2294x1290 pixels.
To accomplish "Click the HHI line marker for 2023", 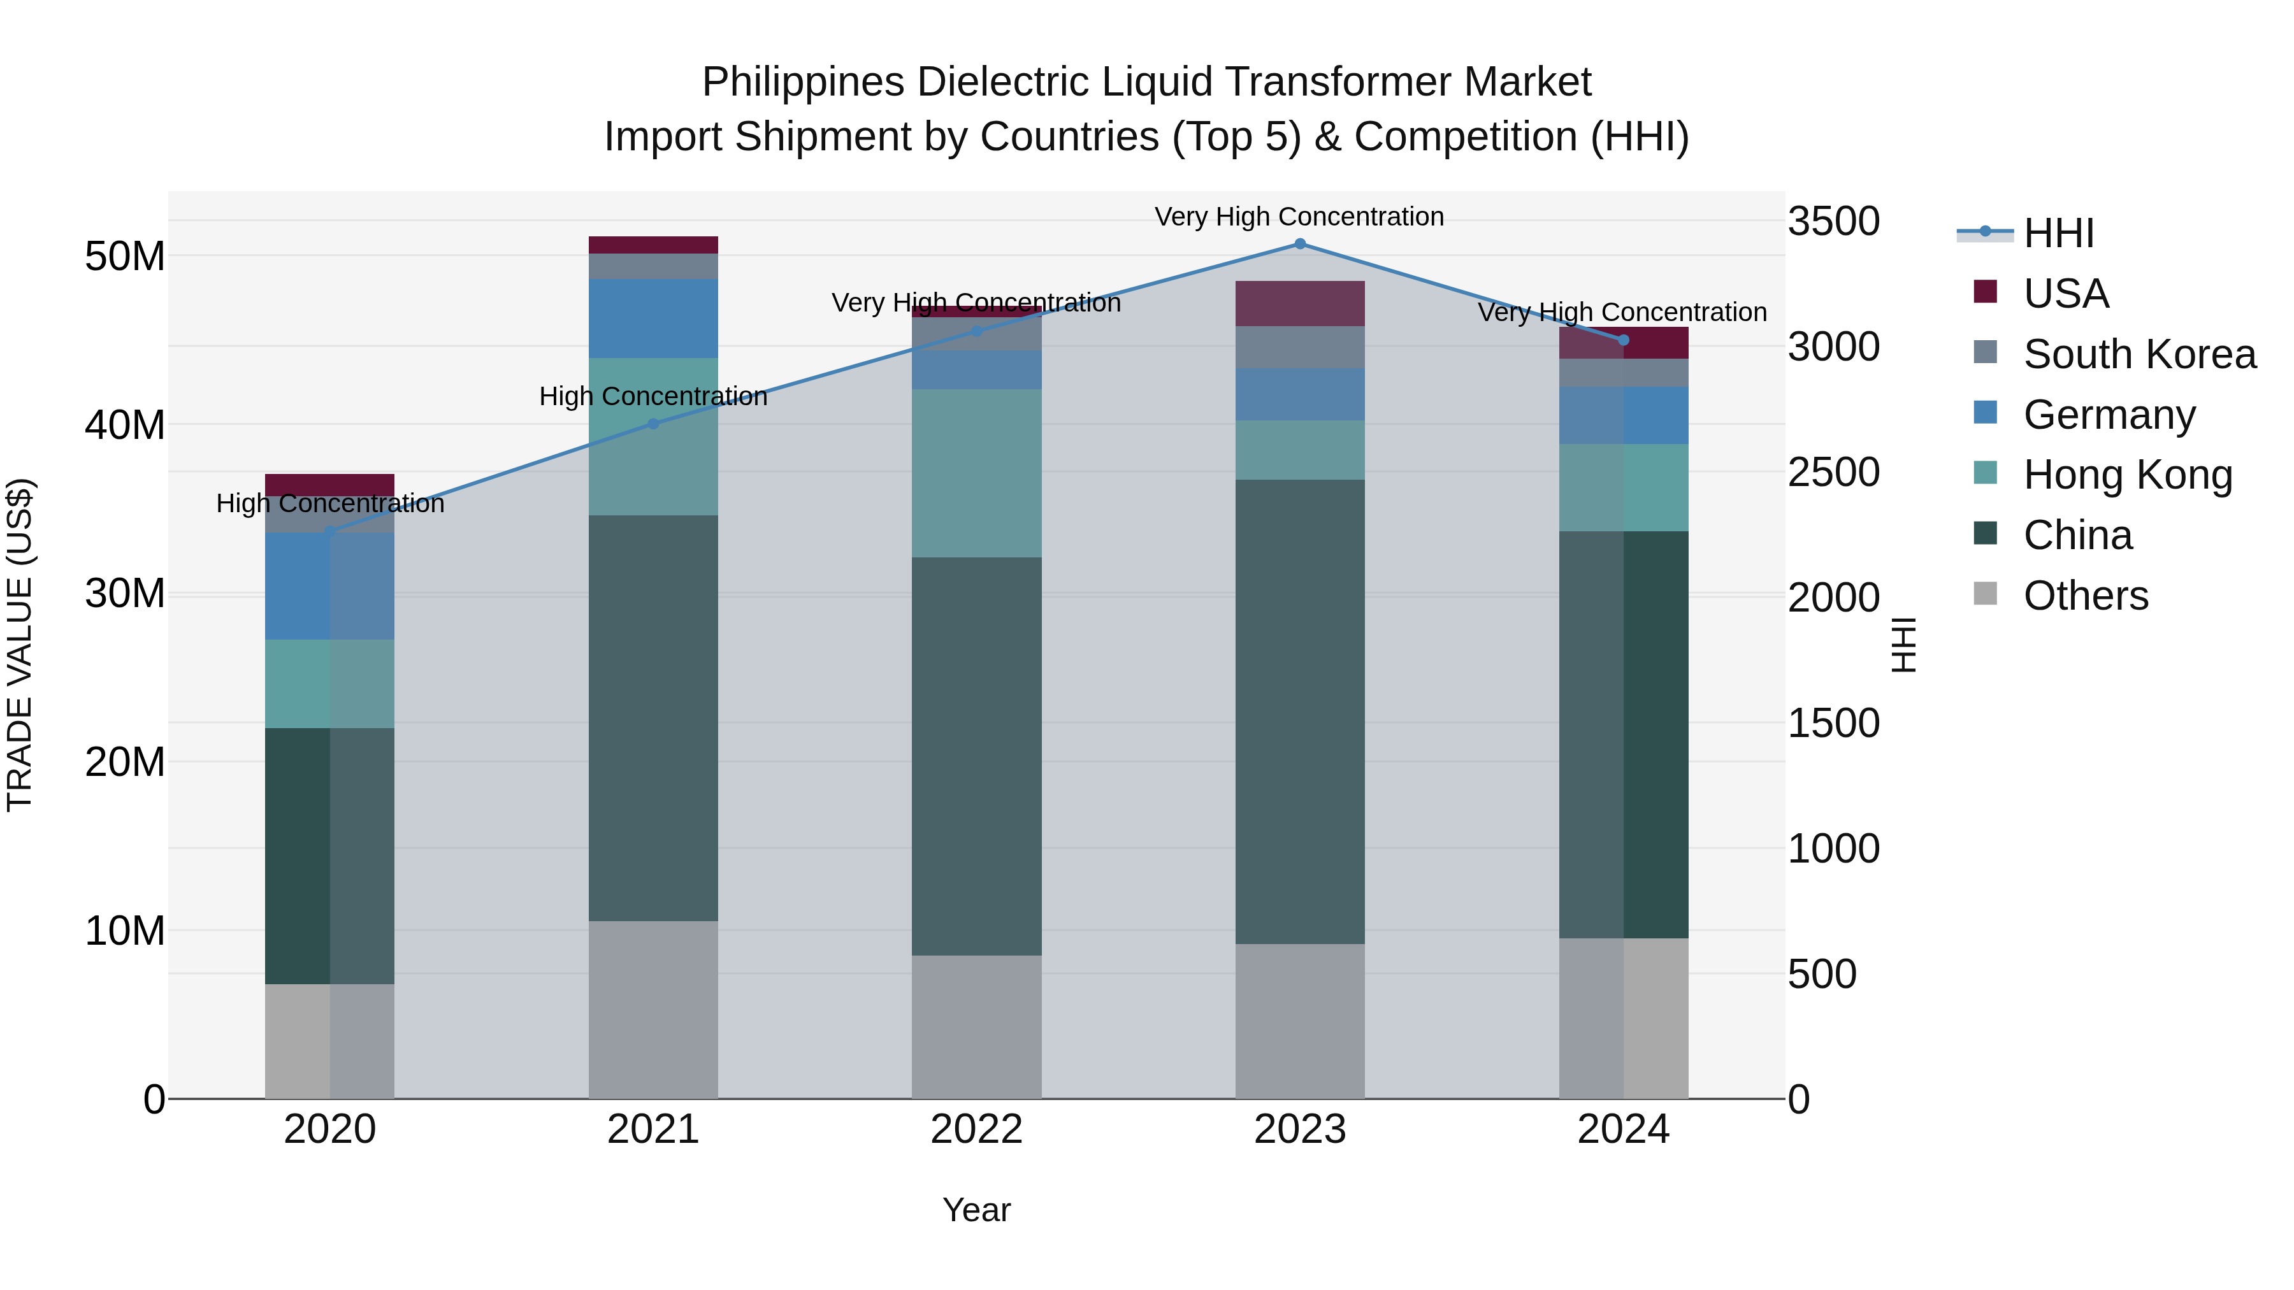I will (1299, 244).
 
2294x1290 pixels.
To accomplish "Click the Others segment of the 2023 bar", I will (1299, 1021).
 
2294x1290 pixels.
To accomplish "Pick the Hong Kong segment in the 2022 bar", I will (976, 473).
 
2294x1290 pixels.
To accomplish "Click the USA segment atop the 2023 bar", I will (1299, 304).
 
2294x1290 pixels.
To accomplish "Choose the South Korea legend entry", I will (2139, 354).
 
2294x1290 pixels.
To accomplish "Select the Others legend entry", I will (2085, 596).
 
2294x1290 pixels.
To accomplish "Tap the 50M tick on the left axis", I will (125, 256).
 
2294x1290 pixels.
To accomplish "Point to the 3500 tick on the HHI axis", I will (1833, 222).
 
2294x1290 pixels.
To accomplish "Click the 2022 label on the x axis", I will (976, 1129).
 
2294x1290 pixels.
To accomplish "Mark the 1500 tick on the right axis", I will (1833, 724).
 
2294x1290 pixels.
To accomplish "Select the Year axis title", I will (976, 1210).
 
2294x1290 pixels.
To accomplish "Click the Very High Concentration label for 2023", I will (1299, 217).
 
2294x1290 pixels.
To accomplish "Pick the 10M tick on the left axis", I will (125, 931).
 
